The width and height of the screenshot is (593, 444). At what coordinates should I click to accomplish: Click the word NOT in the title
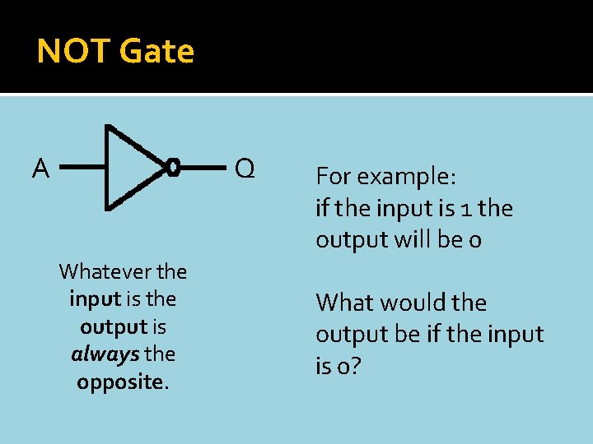74,52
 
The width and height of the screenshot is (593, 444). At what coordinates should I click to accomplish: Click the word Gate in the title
156,52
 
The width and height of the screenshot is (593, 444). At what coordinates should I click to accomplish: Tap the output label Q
245,169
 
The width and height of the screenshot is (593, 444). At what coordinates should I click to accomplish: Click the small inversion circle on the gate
172,168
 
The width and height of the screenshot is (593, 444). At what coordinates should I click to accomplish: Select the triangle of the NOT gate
128,167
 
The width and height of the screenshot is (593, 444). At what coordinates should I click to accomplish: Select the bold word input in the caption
94,298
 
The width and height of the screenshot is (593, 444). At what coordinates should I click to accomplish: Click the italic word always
105,354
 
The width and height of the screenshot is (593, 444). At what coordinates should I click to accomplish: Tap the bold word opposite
121,382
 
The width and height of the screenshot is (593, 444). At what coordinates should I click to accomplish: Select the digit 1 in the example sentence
468,209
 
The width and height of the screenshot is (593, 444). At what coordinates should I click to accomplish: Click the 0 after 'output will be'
476,240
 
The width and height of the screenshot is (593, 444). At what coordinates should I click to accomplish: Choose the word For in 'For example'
332,178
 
